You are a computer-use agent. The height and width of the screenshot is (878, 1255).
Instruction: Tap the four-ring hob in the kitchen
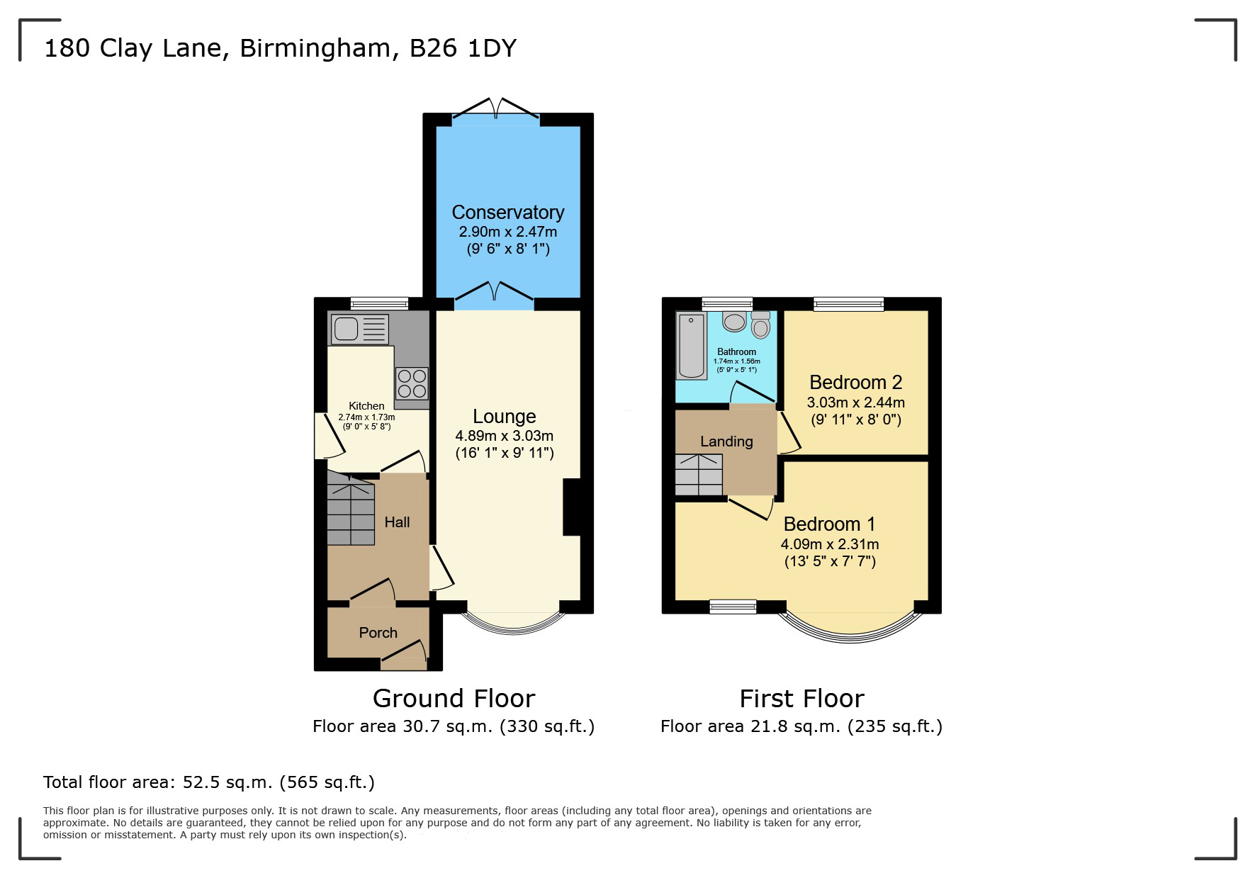click(x=412, y=383)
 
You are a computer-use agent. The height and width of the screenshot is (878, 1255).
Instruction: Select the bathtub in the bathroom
click(x=692, y=346)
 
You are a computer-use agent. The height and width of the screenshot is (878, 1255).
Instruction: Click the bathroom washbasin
click(x=734, y=322)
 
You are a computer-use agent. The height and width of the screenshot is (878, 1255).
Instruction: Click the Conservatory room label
click(x=508, y=212)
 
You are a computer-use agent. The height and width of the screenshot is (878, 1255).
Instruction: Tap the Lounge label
click(x=505, y=417)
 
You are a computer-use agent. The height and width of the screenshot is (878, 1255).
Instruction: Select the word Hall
click(x=397, y=522)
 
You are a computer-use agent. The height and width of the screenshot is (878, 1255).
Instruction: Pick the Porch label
click(x=378, y=633)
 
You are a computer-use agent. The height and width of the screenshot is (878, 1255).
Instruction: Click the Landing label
click(x=726, y=441)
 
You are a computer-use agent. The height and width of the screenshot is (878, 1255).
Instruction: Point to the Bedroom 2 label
click(x=856, y=383)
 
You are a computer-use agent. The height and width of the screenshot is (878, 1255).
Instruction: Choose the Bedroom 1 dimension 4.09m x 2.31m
click(x=830, y=544)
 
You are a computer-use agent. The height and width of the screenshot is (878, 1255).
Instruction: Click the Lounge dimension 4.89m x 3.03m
click(x=505, y=436)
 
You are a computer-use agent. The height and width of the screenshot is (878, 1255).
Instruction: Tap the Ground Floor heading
click(x=454, y=699)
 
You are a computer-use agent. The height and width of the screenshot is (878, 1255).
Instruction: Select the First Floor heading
click(x=801, y=699)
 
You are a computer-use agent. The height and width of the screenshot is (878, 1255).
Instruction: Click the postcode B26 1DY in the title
click(x=463, y=48)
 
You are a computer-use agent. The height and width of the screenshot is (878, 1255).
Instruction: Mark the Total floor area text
click(x=209, y=782)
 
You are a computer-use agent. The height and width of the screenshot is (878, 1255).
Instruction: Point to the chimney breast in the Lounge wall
click(x=572, y=507)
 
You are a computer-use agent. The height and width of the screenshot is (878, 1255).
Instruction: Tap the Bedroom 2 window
click(x=849, y=304)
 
